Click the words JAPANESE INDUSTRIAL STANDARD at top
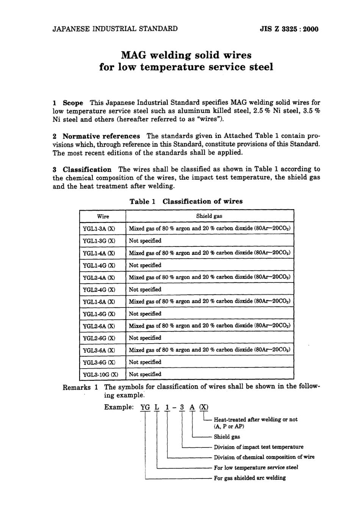coord(115,29)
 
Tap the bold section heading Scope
coord(73,103)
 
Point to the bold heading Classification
coord(87,169)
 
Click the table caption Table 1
coord(142,202)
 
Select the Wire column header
coord(103,217)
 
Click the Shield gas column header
coord(209,216)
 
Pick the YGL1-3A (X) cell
coord(99,229)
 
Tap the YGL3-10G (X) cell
coord(100,374)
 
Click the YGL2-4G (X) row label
coord(99,290)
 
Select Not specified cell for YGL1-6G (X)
coord(145,314)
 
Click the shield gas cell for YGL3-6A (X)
coord(210,350)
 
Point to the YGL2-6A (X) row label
coord(99,326)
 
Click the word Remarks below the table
coord(77,387)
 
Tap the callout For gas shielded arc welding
coord(250,478)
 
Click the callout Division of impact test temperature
coord(258,447)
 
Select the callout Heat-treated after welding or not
coord(256,419)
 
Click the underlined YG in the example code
coord(145,407)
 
